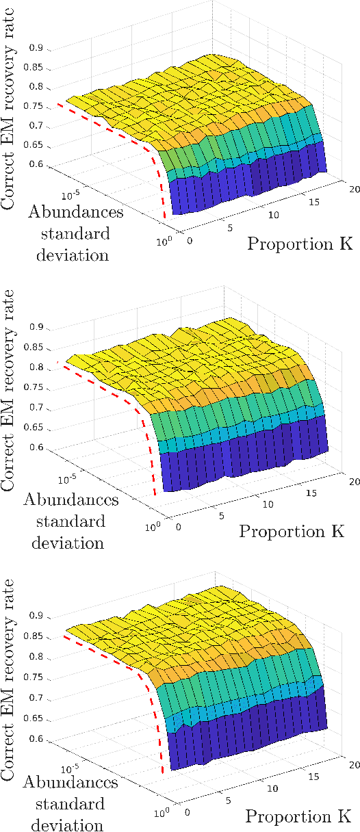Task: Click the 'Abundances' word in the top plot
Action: [76, 212]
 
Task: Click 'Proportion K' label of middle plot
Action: [291, 530]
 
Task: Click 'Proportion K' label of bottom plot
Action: [298, 816]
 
